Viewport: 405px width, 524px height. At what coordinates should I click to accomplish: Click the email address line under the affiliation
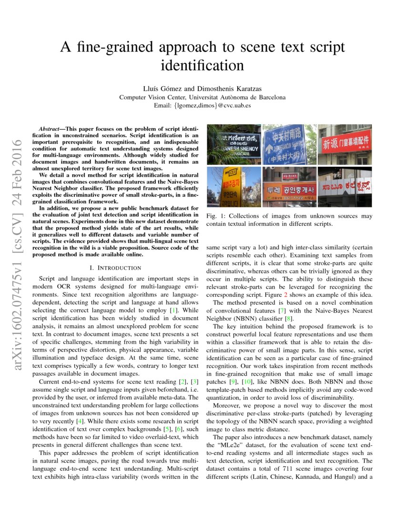(202, 105)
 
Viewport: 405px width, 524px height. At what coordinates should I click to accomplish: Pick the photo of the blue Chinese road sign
(290, 144)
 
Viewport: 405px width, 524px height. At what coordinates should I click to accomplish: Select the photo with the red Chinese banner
(344, 144)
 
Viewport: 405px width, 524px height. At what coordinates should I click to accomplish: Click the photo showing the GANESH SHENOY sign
(234, 144)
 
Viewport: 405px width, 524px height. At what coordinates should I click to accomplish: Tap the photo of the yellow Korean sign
(234, 186)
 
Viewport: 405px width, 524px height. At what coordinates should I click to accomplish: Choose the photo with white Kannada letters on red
(344, 186)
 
